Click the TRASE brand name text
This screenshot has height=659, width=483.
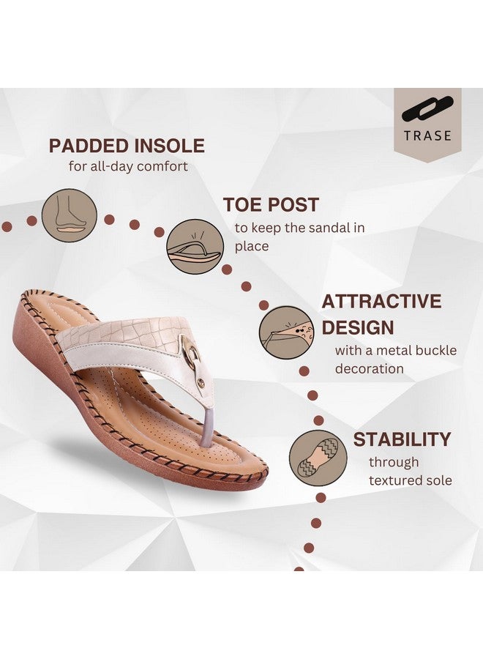(x=427, y=135)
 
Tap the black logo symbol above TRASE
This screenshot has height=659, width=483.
(x=427, y=109)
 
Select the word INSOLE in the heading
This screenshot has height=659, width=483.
(x=169, y=146)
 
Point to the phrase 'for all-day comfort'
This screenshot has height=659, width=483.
(x=128, y=166)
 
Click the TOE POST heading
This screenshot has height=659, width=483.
(x=271, y=205)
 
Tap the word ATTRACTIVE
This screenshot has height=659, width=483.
(x=381, y=302)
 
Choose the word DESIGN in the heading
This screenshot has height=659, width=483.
(x=358, y=328)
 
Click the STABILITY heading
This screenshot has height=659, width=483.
(x=402, y=439)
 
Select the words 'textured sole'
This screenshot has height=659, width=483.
(x=411, y=480)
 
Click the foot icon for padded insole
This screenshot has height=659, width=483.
(x=70, y=215)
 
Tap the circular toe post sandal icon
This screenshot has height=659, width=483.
(x=195, y=247)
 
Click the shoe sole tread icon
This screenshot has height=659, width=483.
(x=318, y=458)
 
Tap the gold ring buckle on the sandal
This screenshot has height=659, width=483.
(x=192, y=352)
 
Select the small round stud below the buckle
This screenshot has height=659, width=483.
(x=201, y=382)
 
